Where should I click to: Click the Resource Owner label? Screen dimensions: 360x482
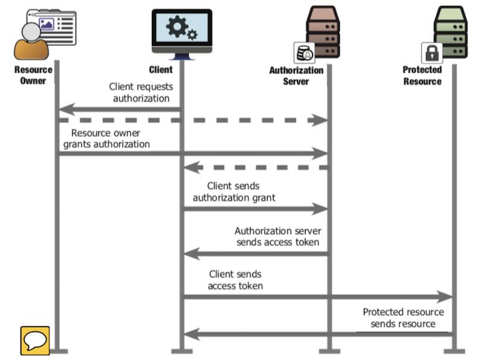[33, 75]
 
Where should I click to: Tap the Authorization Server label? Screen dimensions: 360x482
[296, 76]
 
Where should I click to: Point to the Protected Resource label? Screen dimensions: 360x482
[422, 75]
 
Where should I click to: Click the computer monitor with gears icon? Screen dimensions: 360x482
[181, 33]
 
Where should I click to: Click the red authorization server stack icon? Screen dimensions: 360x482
[323, 30]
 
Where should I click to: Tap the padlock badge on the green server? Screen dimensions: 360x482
[431, 53]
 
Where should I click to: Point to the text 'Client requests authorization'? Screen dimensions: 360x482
[141, 93]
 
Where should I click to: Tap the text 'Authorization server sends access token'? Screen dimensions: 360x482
[277, 237]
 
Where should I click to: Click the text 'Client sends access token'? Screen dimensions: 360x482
[236, 280]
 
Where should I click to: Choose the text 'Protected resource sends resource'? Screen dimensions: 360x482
[403, 318]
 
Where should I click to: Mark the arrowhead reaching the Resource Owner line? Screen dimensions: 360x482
[66, 110]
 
